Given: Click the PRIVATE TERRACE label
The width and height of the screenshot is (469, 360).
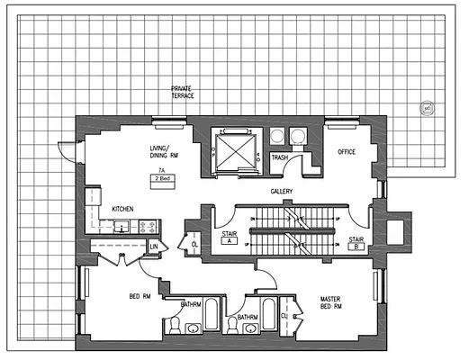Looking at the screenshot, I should [x=183, y=93].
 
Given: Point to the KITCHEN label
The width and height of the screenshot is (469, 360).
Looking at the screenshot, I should [x=122, y=209].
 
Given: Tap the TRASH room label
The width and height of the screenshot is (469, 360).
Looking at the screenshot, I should [x=280, y=158].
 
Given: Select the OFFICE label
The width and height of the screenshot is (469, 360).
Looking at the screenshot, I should [x=347, y=152].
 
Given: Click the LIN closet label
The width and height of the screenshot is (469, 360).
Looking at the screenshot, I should [x=154, y=246].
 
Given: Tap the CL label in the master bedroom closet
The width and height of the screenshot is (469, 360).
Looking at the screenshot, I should [x=284, y=316].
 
